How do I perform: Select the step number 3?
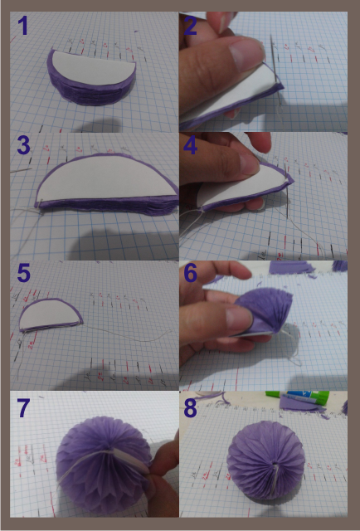point(23,145)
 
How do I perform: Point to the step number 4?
point(191,147)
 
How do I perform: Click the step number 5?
point(23,273)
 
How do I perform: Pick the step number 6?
point(192,273)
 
